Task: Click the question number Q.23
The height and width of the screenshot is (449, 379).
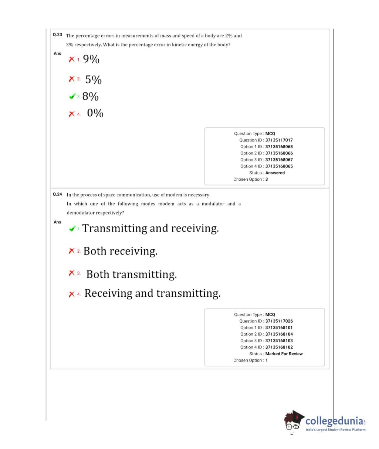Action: click(x=57, y=35)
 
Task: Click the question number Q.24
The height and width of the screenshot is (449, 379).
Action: click(x=57, y=194)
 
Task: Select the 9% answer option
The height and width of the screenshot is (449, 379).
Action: click(x=91, y=59)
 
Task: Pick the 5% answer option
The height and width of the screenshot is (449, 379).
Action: click(x=93, y=80)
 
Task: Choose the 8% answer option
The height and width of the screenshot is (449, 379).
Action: click(x=90, y=97)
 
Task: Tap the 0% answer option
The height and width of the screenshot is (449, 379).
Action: click(x=95, y=113)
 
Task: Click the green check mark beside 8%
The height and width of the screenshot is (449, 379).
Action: click(x=72, y=97)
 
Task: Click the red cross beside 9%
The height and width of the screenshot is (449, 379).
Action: click(x=72, y=59)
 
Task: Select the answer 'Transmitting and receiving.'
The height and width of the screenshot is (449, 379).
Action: click(x=150, y=229)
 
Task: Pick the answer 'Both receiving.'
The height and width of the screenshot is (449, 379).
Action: click(x=120, y=251)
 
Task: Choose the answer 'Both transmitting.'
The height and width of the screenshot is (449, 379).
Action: click(x=131, y=275)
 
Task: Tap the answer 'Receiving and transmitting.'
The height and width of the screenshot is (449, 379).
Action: click(x=152, y=293)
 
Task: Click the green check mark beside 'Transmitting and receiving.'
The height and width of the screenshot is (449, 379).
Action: click(x=72, y=229)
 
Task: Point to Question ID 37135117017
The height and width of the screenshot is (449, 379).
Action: click(x=279, y=140)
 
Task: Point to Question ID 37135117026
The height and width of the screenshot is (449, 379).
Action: click(x=279, y=321)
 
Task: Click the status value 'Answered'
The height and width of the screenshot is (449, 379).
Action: click(x=275, y=173)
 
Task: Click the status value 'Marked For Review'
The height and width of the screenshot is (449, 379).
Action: click(x=284, y=354)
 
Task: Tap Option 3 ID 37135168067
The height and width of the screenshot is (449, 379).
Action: click(x=279, y=160)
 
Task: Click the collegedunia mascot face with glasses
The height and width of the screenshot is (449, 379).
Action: click(x=294, y=422)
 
